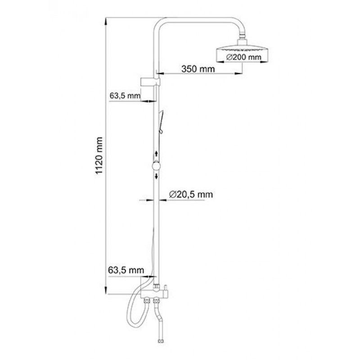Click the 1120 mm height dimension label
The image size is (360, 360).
pos(99,156)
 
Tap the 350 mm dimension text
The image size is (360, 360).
pos(198,69)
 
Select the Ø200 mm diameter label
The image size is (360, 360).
pos(243,57)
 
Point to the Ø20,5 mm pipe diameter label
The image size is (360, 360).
pos(191,194)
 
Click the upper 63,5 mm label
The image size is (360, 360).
pos(125,95)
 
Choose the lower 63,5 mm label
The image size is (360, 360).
pos(126,270)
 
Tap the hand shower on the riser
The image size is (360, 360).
pos(161,121)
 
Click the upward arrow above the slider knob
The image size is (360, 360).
pos(157,154)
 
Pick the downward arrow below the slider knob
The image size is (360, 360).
pos(157,176)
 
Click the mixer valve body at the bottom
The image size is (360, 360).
pos(154,294)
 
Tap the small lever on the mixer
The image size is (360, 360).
pos(166,287)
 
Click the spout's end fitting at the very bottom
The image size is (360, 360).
pos(161,342)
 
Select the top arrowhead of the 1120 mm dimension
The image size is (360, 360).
pos(106,21)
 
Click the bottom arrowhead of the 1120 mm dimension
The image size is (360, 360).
pos(106,290)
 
